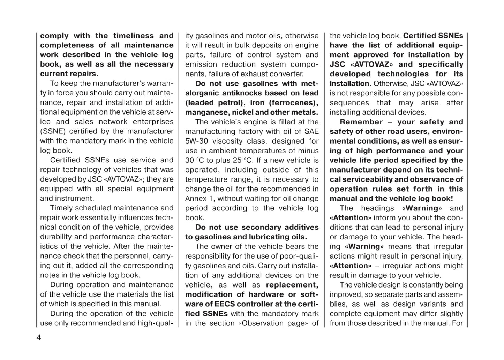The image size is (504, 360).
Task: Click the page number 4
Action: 39,337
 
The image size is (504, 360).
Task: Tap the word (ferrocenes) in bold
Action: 293,103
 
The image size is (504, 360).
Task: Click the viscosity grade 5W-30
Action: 197,141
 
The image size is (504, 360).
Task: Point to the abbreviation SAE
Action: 311,131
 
